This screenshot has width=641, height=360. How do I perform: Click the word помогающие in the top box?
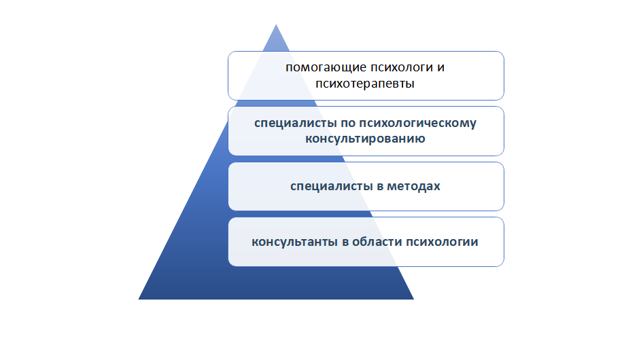point(317,68)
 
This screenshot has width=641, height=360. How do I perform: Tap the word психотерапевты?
point(366,84)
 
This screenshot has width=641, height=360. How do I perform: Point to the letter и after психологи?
point(442,68)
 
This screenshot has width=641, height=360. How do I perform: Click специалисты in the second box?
point(290,124)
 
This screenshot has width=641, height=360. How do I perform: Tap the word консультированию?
point(366,139)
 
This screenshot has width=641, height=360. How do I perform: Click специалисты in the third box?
point(326,185)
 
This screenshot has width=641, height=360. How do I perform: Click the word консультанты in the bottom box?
point(290,242)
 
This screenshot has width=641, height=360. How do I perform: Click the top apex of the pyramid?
point(276,24)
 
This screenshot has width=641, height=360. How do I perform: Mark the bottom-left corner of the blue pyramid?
point(138,300)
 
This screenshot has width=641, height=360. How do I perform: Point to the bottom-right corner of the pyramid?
point(414,300)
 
